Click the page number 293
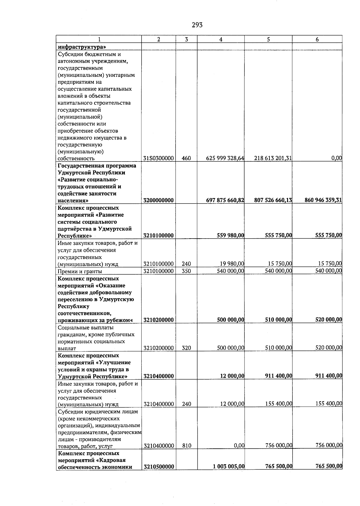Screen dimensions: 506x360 click(197, 25)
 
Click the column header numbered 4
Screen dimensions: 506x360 click(221, 39)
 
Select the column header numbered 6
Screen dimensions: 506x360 click(317, 39)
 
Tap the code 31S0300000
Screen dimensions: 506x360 click(159, 158)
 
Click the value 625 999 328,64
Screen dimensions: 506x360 click(225, 158)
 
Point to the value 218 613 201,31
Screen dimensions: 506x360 click(273, 158)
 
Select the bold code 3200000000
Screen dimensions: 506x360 click(159, 200)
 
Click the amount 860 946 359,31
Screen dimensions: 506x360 click(323, 200)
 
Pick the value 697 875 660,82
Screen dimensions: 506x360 click(225, 200)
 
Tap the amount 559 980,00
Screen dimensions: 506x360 click(230, 236)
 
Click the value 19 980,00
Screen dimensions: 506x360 click(232, 264)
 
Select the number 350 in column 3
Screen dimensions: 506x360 click(186, 271)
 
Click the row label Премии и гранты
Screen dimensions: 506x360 click(80, 271)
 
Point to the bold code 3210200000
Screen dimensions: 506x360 click(159, 320)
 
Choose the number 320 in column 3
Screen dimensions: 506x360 click(186, 348)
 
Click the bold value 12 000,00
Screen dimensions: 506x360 click(232, 376)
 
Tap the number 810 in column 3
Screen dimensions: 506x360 click(187, 446)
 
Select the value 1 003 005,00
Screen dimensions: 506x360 click(229, 466)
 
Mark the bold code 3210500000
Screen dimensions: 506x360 click(159, 466)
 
